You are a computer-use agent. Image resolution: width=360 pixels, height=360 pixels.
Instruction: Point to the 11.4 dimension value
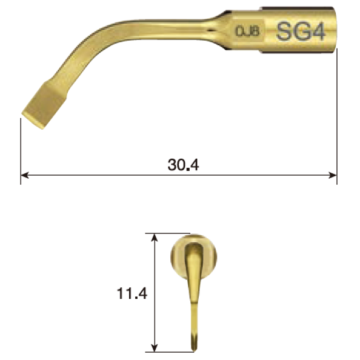(x=132, y=295)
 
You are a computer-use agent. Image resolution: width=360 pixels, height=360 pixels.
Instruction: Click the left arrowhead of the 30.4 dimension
(x=24, y=176)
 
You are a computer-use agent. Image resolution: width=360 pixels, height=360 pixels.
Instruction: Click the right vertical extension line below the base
(x=337, y=121)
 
